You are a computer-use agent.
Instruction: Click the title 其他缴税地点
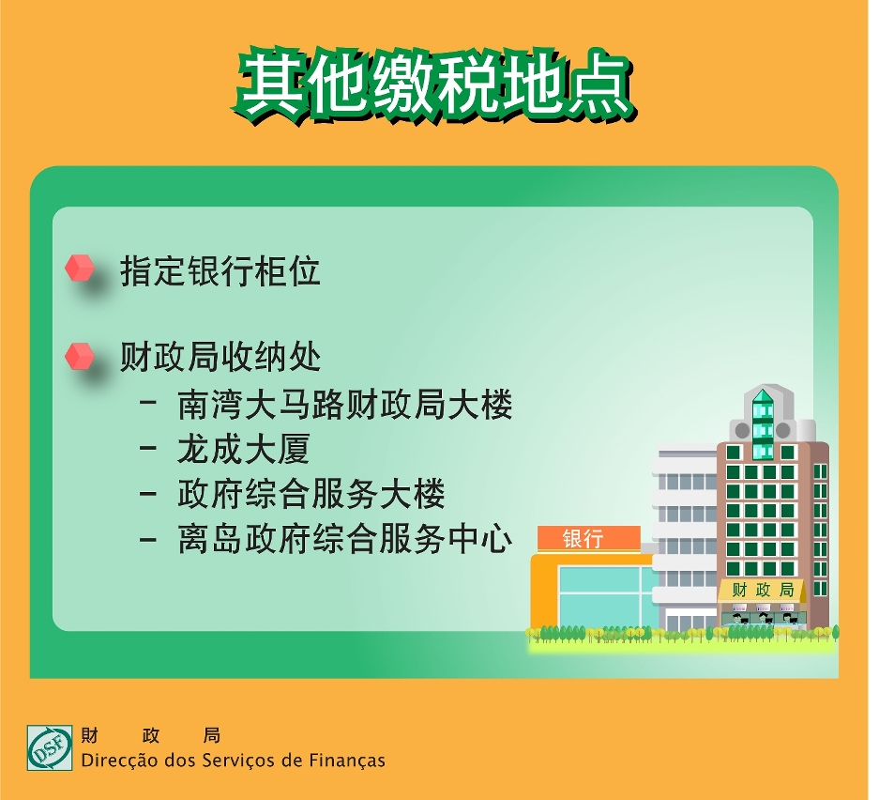[x=434, y=85]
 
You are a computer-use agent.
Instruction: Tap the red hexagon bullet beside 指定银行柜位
[x=80, y=268]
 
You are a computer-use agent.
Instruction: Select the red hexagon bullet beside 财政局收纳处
[x=80, y=356]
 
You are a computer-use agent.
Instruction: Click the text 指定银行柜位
[x=220, y=271]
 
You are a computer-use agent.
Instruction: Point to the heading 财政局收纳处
[x=220, y=357]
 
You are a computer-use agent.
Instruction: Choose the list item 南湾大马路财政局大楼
[x=345, y=405]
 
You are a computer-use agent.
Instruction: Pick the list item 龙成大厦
[x=244, y=449]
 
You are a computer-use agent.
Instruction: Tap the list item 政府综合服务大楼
[x=311, y=494]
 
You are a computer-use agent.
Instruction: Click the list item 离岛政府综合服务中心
[x=345, y=539]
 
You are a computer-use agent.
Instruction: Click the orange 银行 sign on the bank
[x=588, y=539]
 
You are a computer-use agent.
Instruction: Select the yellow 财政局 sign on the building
[x=763, y=591]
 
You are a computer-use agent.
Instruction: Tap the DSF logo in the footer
[x=50, y=747]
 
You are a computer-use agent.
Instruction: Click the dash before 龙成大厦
[x=148, y=448]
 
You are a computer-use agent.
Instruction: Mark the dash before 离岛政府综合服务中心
[x=148, y=539]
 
